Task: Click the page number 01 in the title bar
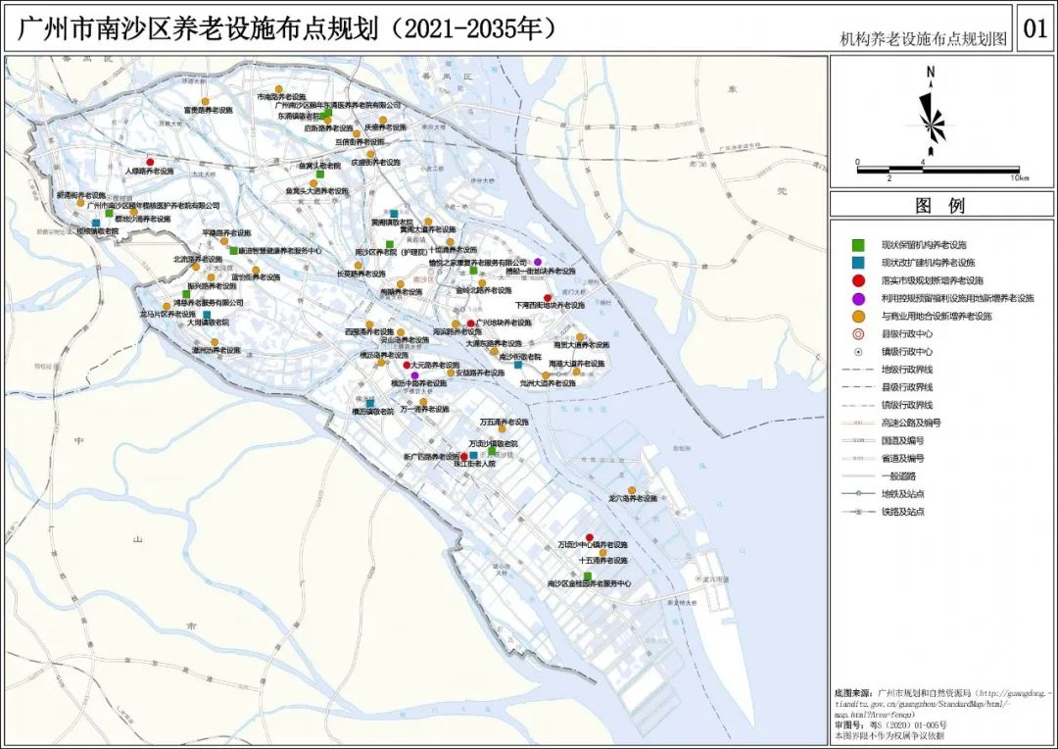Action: point(1034,28)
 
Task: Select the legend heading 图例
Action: point(939,206)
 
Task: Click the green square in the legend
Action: point(858,244)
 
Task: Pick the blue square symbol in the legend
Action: point(858,263)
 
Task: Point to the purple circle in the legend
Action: point(858,298)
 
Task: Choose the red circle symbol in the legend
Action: point(858,280)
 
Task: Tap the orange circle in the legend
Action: point(858,316)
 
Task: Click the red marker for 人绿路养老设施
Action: point(150,162)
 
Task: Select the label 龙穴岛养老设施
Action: point(633,499)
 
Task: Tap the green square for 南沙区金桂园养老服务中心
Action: point(588,575)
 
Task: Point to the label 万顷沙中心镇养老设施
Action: point(592,544)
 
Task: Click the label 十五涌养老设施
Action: point(602,561)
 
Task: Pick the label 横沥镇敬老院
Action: point(372,413)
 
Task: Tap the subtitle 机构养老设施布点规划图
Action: point(923,39)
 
